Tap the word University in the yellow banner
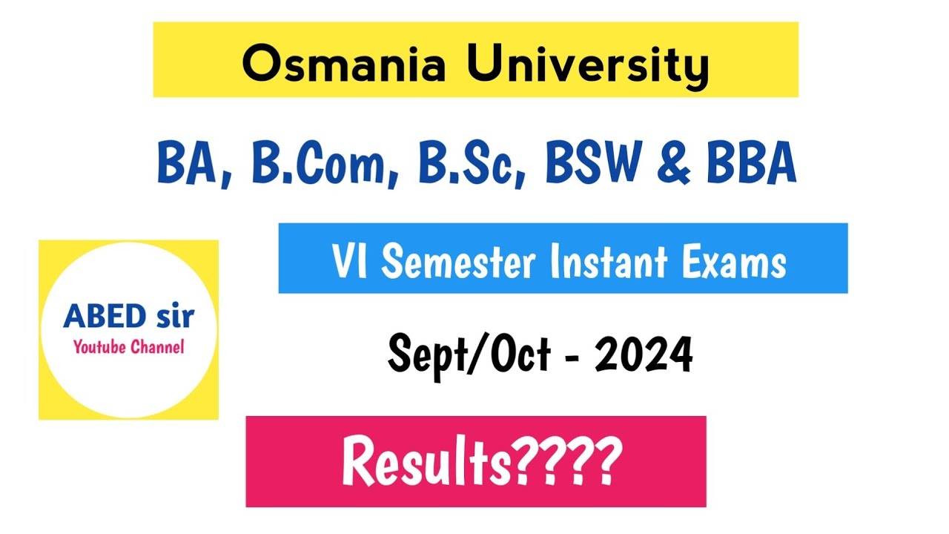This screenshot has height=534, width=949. click(x=587, y=65)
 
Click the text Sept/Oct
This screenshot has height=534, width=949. click(x=469, y=355)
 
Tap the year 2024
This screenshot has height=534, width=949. click(x=644, y=355)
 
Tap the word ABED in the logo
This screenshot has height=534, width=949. click(x=103, y=317)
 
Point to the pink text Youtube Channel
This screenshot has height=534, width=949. click(x=128, y=346)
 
